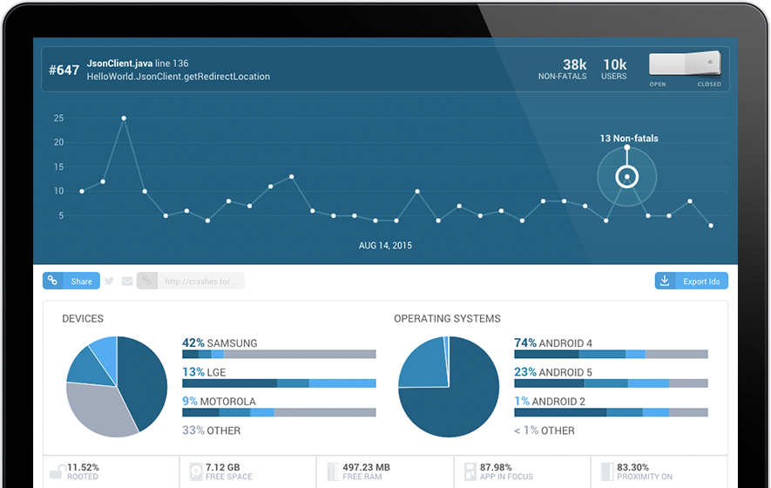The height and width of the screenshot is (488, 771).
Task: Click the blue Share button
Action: tap(71, 281)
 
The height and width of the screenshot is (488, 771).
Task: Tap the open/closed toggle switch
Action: tap(685, 64)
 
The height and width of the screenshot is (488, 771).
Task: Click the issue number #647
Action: tap(64, 71)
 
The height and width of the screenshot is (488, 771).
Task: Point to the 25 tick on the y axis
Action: tap(59, 118)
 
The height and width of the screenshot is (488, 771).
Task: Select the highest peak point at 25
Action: tap(124, 118)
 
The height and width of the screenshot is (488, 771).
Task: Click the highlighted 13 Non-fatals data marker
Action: tap(627, 177)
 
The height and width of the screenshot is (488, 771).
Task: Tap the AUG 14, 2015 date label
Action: tap(385, 246)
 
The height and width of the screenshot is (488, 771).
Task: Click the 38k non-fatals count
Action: tap(574, 64)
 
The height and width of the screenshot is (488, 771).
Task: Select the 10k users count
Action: tap(615, 64)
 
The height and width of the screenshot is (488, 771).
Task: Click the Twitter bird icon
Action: tap(109, 281)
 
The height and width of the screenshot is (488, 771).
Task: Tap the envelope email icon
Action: tap(127, 281)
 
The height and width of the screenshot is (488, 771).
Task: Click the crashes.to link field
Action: tap(191, 281)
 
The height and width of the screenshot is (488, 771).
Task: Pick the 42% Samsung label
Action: tap(220, 342)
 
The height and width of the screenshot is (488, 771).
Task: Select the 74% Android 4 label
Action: tap(553, 342)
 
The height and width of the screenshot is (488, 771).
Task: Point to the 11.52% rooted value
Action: tap(83, 467)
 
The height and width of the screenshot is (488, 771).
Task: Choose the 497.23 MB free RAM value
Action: tap(366, 467)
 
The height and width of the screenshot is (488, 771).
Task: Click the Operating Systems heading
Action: tap(448, 319)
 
